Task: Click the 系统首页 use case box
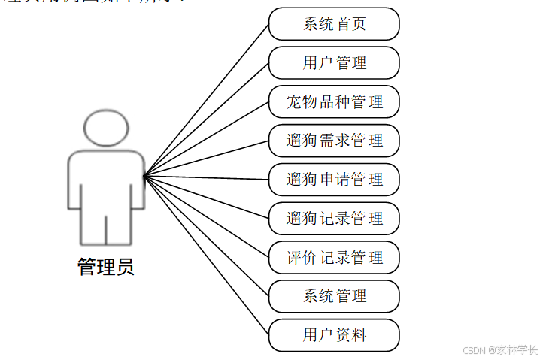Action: [334, 24]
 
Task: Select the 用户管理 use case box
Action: [334, 63]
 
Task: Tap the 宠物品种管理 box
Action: [334, 102]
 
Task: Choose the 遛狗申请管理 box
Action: [334, 180]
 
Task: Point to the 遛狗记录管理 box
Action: [334, 219]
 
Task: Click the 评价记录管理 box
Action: [334, 258]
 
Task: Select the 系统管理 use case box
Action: [334, 296]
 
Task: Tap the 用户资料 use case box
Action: [334, 335]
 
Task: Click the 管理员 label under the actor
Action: [106, 267]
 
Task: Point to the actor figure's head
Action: [106, 127]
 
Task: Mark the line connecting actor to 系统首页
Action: [207, 100]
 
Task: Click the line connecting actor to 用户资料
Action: [207, 256]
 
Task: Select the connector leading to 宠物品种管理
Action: [207, 139]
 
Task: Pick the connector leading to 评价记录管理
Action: [207, 216]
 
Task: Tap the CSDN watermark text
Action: [499, 349]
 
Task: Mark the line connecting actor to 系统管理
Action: [207, 236]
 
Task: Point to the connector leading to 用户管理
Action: [207, 119]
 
